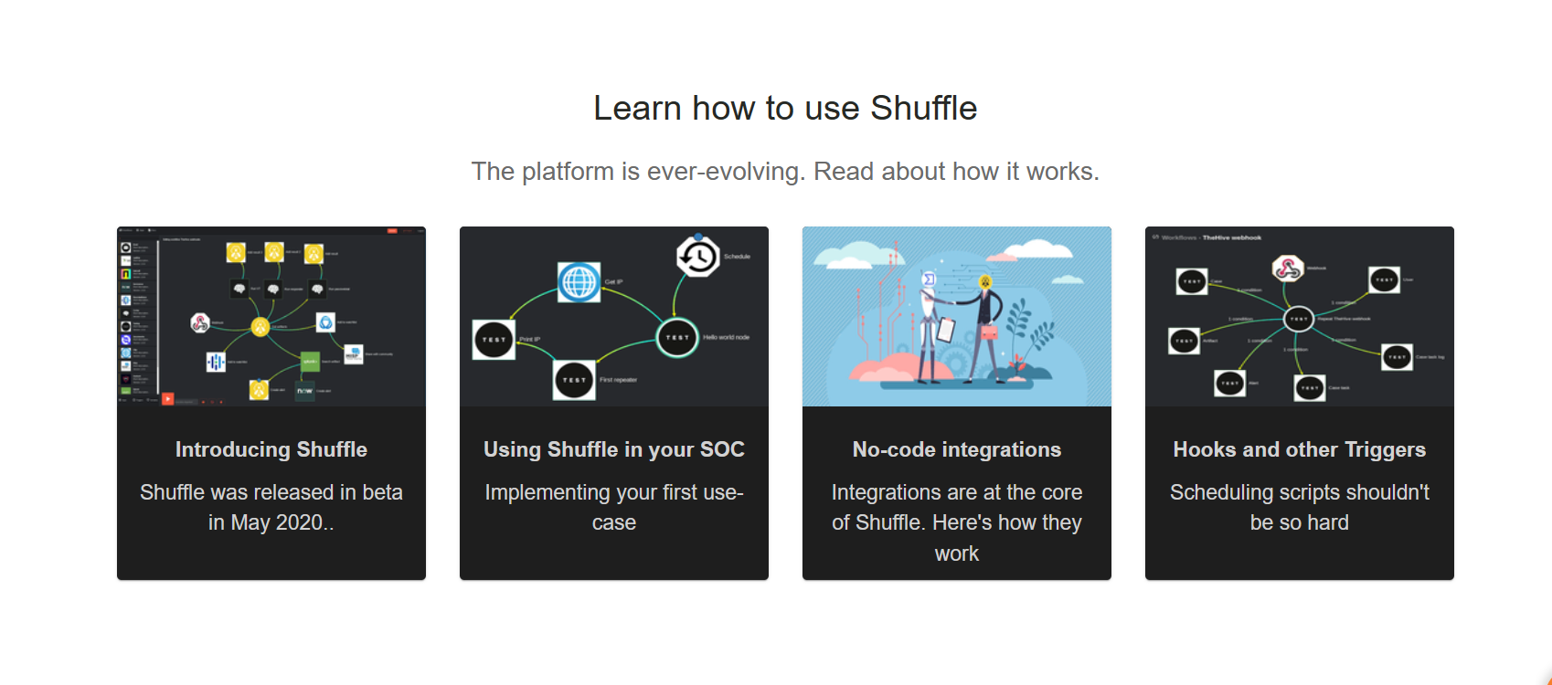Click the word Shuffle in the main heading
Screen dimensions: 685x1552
click(923, 109)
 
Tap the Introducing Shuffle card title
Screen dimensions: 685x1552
click(271, 449)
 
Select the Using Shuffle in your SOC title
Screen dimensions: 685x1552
click(614, 449)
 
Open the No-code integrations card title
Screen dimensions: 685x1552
click(957, 449)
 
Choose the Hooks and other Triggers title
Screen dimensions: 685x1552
click(1299, 449)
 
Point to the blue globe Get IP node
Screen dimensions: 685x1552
click(579, 282)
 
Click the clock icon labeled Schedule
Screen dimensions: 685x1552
click(698, 257)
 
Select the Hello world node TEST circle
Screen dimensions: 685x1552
click(677, 337)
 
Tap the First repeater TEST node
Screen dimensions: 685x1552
click(574, 380)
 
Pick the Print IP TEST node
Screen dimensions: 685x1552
click(494, 340)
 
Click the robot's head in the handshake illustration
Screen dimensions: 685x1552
click(930, 279)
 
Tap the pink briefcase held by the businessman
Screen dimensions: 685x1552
click(989, 332)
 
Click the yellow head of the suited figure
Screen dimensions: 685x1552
click(985, 282)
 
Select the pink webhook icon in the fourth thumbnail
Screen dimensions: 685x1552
click(1287, 269)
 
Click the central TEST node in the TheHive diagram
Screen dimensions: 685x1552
click(1298, 319)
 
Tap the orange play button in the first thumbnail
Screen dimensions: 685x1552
click(168, 399)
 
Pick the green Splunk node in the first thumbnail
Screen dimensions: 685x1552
click(310, 362)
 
